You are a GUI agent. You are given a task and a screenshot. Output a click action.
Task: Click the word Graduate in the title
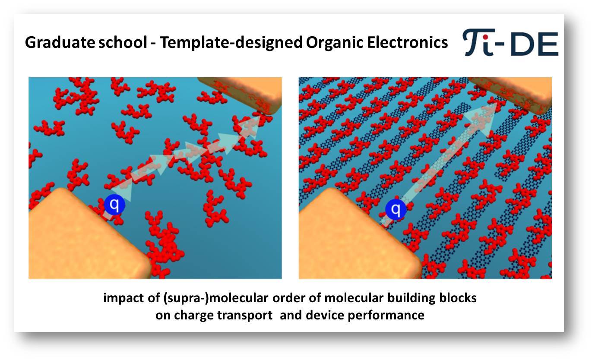(x=60, y=43)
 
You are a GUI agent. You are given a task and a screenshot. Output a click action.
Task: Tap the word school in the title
(x=123, y=42)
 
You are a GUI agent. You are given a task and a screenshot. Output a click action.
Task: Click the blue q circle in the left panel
(x=114, y=204)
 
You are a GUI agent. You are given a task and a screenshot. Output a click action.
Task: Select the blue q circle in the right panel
(x=396, y=209)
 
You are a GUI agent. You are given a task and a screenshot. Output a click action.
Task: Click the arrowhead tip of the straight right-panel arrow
(x=497, y=103)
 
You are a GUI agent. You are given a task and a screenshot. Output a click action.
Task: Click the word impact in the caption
(x=123, y=298)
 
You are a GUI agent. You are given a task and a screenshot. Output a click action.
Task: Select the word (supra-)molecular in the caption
(x=215, y=298)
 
